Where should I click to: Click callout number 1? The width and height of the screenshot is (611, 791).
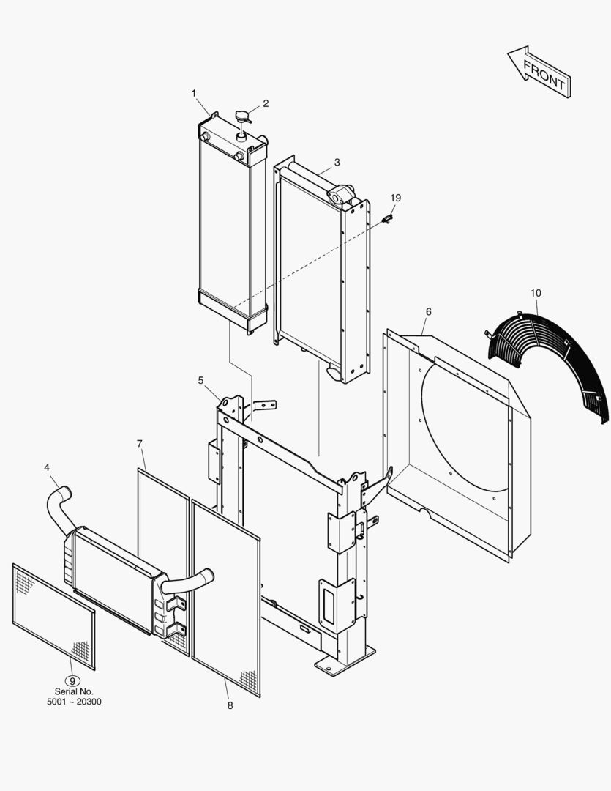tap(194, 93)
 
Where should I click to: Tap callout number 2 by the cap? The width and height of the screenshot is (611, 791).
tap(266, 103)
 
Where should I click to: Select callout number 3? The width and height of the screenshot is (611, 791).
tap(337, 162)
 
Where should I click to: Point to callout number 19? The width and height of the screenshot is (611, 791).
tap(395, 198)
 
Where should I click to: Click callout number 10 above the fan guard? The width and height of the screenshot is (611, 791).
tap(536, 293)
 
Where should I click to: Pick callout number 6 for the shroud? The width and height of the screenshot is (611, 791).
tap(428, 312)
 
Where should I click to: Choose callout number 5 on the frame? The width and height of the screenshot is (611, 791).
tap(200, 380)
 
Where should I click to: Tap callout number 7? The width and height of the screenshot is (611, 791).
tap(140, 444)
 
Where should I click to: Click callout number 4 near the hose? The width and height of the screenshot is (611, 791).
tap(47, 467)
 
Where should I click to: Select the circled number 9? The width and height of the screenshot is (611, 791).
tap(72, 681)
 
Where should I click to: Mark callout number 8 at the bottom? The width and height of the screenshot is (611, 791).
tap(230, 705)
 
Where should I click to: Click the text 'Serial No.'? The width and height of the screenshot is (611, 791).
tap(74, 691)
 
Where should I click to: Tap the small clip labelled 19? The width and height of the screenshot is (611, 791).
tap(389, 218)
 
